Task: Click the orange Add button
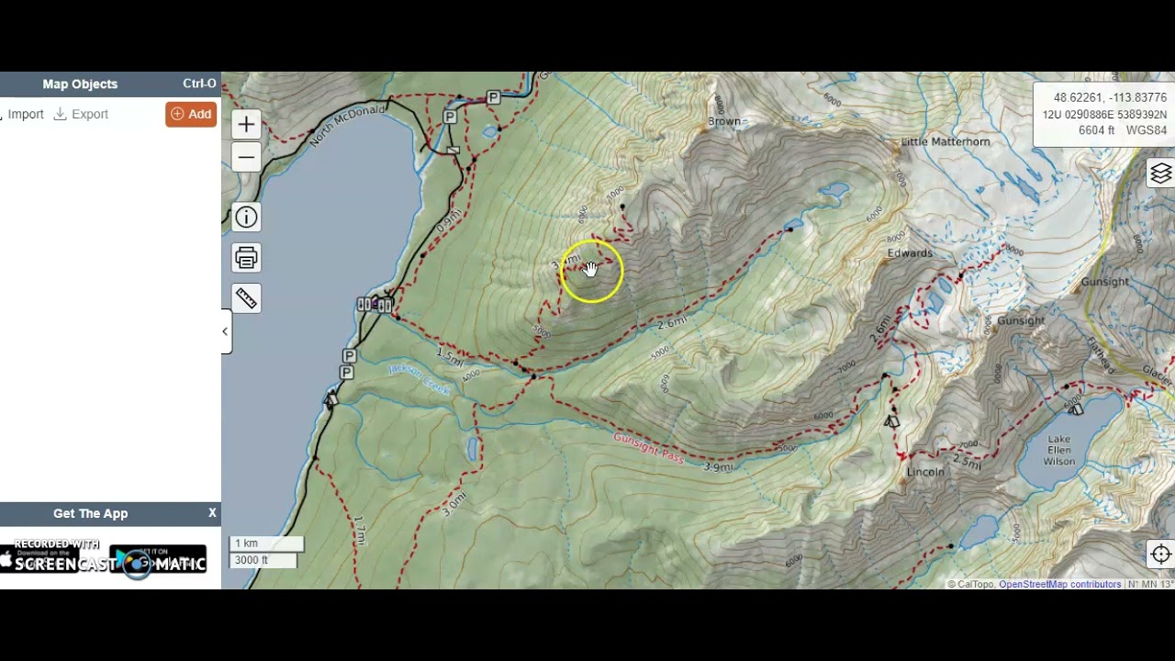pos(191,114)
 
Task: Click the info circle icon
pos(246,218)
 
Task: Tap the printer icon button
pos(246,258)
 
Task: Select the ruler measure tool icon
pos(246,298)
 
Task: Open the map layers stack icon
pos(1160,174)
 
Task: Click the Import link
pos(26,114)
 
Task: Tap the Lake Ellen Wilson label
pos(1058,450)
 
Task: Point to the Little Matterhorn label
pos(946,142)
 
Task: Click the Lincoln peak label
pos(924,472)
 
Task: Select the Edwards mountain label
pos(910,253)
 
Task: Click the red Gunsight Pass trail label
pos(648,447)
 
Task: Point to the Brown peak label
pos(724,121)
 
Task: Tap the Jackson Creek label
pos(419,379)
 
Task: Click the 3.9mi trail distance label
pos(719,467)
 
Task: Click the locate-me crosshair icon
pos(1160,554)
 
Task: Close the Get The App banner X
pos(212,513)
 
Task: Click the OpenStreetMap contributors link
pos(1059,584)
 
